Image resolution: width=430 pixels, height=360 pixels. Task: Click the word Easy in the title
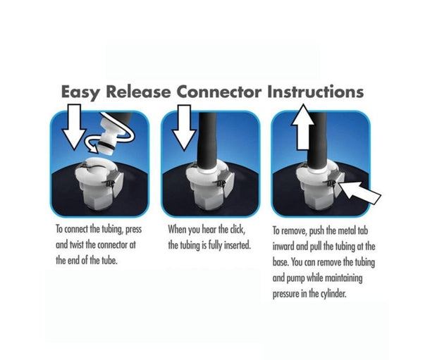point(80,92)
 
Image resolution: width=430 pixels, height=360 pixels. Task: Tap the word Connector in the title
point(219,92)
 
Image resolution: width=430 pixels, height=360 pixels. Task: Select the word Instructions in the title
point(316,92)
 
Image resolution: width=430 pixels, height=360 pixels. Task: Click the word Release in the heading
point(138,92)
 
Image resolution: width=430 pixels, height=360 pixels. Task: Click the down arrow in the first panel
point(74,127)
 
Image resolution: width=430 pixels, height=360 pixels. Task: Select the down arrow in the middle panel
point(184,128)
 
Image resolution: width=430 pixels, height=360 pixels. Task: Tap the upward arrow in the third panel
point(302,127)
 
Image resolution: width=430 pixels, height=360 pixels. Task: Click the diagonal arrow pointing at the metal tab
point(360,192)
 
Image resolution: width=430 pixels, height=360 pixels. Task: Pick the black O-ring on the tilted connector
point(106,145)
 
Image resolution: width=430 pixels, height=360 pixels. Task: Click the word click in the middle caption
point(237,230)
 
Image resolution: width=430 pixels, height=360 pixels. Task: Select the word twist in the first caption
point(77,244)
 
